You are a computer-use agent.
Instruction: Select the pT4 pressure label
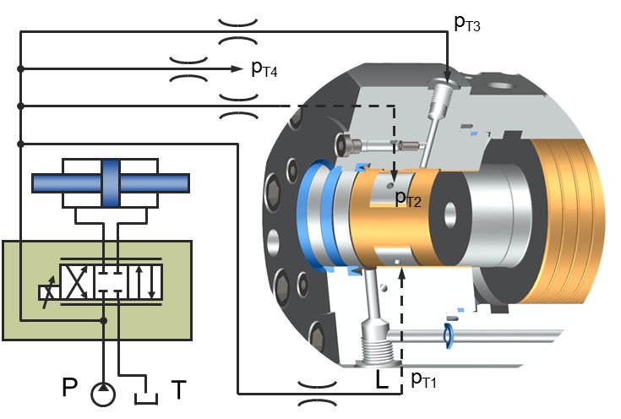point(264,69)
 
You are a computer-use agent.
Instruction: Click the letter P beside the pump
point(71,389)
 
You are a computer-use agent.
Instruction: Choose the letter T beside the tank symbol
point(179,389)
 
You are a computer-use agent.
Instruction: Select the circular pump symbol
point(104,394)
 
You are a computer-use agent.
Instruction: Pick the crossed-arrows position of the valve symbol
point(74,280)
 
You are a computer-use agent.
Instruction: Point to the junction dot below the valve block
point(103,321)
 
